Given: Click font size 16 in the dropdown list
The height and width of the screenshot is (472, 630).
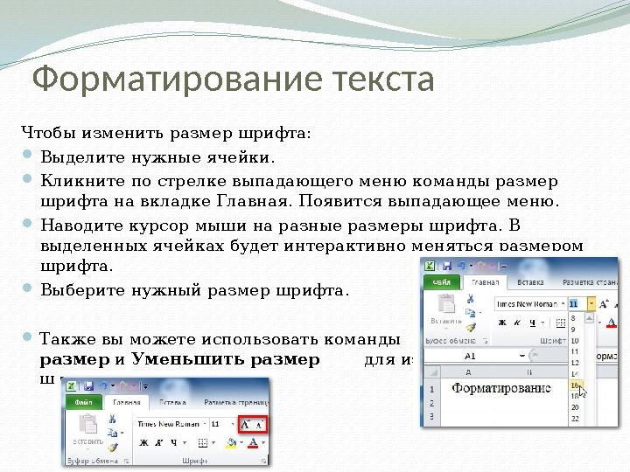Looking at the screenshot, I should (575, 384).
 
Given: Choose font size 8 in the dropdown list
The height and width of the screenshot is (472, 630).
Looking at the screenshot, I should (574, 318).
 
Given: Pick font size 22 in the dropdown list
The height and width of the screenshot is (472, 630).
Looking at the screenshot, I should (575, 419).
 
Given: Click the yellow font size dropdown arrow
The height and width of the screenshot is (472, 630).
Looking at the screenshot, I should (591, 303).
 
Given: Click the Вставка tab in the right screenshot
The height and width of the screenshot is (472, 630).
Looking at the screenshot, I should (530, 282).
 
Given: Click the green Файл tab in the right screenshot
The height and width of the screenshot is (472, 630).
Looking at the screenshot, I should (442, 282).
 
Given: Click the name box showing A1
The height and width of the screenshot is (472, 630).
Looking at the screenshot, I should (470, 356).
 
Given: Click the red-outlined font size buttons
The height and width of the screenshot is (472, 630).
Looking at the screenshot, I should (253, 423).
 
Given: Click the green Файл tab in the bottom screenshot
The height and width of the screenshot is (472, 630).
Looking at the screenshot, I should (84, 402).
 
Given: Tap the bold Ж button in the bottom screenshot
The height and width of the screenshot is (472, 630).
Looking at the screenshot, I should (143, 443).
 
